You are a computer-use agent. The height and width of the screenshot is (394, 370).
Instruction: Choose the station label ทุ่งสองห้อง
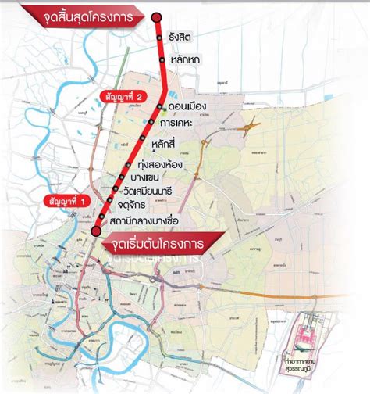point(165,165)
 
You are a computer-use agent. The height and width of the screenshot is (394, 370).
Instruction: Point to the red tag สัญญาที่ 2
point(123,95)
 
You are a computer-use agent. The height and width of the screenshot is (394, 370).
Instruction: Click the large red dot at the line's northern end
point(156,16)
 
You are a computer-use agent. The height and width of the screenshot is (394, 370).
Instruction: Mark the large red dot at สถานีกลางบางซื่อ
point(95,230)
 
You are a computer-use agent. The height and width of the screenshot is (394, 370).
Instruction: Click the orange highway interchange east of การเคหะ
point(251,124)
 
